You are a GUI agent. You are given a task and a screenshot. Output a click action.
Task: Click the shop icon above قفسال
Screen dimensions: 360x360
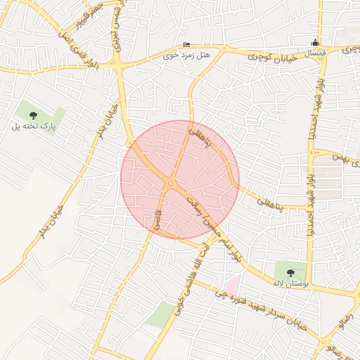(x=316, y=42)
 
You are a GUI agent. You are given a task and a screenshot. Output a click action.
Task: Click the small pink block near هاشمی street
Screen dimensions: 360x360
(x=231, y=284)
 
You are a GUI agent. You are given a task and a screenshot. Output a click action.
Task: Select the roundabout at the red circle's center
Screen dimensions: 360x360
(x=171, y=184)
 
